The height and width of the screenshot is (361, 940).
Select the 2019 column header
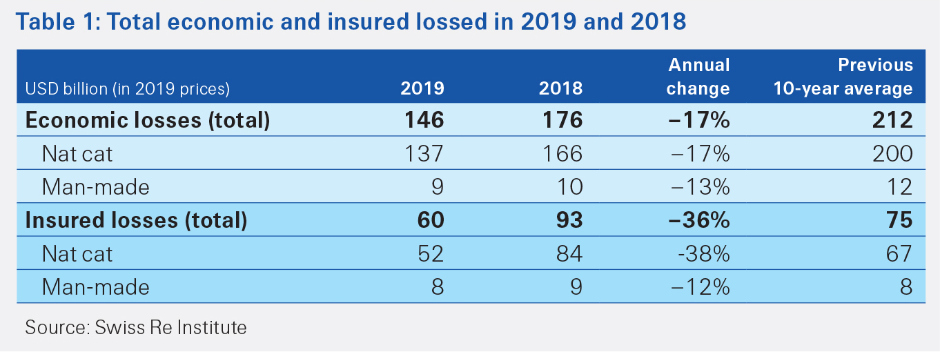tap(422, 88)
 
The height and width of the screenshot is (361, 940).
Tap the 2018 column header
tap(560, 88)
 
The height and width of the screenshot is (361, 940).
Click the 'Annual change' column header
tap(698, 77)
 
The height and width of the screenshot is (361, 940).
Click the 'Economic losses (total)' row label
tap(147, 120)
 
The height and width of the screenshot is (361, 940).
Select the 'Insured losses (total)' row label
tap(136, 220)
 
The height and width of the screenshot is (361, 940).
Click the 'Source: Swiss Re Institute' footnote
tap(135, 327)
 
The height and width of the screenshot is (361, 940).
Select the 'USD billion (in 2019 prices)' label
tap(127, 89)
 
